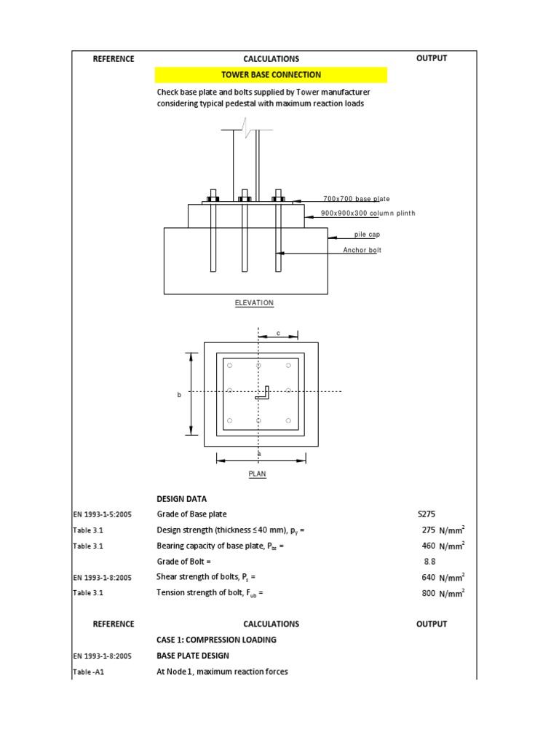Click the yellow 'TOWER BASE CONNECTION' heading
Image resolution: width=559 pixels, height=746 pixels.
271,75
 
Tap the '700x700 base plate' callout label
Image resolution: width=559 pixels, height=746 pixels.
356,199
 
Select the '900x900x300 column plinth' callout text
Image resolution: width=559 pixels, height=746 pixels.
368,213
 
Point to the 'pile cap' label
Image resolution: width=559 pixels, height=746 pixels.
367,235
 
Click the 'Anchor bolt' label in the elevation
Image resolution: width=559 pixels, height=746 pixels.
362,250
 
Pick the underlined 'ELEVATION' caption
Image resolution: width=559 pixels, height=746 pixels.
254,302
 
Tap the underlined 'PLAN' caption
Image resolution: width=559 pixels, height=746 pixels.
258,474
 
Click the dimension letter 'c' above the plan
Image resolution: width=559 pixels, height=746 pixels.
278,333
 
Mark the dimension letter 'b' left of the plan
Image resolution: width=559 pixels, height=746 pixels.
179,394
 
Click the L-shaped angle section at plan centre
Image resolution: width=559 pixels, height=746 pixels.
263,393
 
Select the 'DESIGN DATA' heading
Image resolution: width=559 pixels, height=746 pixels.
181,499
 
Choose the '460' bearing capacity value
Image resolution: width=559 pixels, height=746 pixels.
428,546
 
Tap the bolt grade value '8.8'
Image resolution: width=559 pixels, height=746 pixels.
430,562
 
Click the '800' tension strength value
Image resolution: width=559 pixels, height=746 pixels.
428,593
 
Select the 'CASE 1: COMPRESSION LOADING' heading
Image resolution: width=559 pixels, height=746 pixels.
216,640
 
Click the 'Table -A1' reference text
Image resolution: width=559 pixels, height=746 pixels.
89,672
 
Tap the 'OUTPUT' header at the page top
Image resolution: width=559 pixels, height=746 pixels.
432,58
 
